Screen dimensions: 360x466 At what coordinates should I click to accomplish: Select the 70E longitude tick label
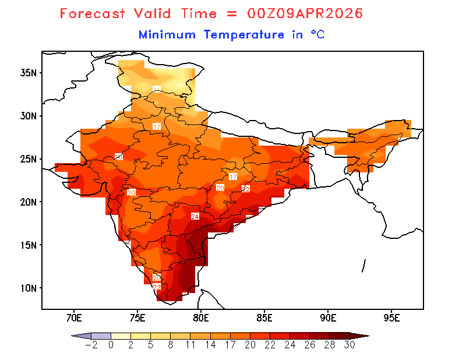[x=73, y=318]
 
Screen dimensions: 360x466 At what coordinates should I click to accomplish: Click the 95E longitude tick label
[x=391, y=318]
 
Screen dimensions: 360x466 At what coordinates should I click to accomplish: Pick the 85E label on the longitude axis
[x=264, y=318]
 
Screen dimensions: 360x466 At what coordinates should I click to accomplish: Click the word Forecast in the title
[x=93, y=13]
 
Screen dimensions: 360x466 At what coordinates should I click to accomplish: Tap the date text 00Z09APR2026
[x=298, y=13]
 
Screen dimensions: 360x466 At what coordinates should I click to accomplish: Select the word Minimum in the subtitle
[x=167, y=34]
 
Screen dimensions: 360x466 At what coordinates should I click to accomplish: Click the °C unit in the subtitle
[x=317, y=34]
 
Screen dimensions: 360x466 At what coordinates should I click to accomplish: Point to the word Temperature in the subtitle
[x=244, y=34]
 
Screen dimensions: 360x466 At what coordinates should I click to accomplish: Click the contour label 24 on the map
[x=195, y=217]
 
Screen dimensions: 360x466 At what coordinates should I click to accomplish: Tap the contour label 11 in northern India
[x=157, y=89]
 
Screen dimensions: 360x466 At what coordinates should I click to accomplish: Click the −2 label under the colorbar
[x=91, y=344]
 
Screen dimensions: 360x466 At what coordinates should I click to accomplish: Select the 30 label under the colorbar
[x=349, y=344]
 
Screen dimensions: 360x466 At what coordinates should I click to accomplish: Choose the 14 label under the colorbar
[x=210, y=344]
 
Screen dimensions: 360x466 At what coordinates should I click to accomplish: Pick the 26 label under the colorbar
[x=309, y=344]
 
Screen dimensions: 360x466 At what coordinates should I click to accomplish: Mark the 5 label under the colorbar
[x=151, y=344]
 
